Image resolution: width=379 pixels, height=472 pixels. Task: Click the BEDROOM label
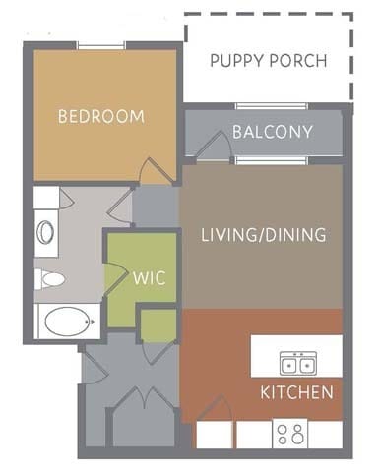(100, 116)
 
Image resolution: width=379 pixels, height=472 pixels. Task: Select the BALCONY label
(273, 132)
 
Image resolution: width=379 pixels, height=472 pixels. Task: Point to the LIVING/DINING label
(263, 236)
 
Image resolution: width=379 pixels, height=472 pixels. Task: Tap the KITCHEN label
(296, 393)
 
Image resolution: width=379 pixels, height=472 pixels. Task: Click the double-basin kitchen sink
(296, 364)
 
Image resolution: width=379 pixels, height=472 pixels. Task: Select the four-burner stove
(292, 434)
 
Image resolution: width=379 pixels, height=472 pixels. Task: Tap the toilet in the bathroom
(51, 280)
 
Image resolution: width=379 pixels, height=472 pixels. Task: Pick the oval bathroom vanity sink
(46, 234)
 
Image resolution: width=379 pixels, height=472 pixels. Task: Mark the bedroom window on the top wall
(101, 45)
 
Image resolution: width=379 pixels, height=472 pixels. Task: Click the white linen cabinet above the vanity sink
(45, 197)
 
